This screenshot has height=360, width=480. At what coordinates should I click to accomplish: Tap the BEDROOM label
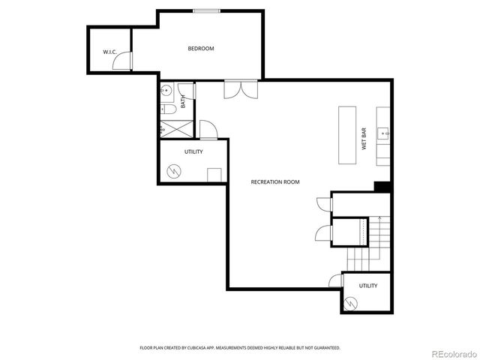coord(201,49)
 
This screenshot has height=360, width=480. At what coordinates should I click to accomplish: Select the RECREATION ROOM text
coord(275,181)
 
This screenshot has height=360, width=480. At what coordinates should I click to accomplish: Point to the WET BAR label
coord(364,139)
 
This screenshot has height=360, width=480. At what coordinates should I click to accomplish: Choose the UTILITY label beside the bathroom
coord(193,151)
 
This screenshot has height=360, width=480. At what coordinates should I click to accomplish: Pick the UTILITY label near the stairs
coord(367,286)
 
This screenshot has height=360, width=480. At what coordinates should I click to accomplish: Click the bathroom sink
coord(166,91)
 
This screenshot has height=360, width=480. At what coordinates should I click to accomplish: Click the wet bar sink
coord(385,134)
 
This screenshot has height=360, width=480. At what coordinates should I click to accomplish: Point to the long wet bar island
coord(347,135)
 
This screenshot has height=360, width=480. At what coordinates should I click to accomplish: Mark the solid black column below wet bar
coord(382,187)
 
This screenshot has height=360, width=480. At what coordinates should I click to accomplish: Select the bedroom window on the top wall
coord(206,10)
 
